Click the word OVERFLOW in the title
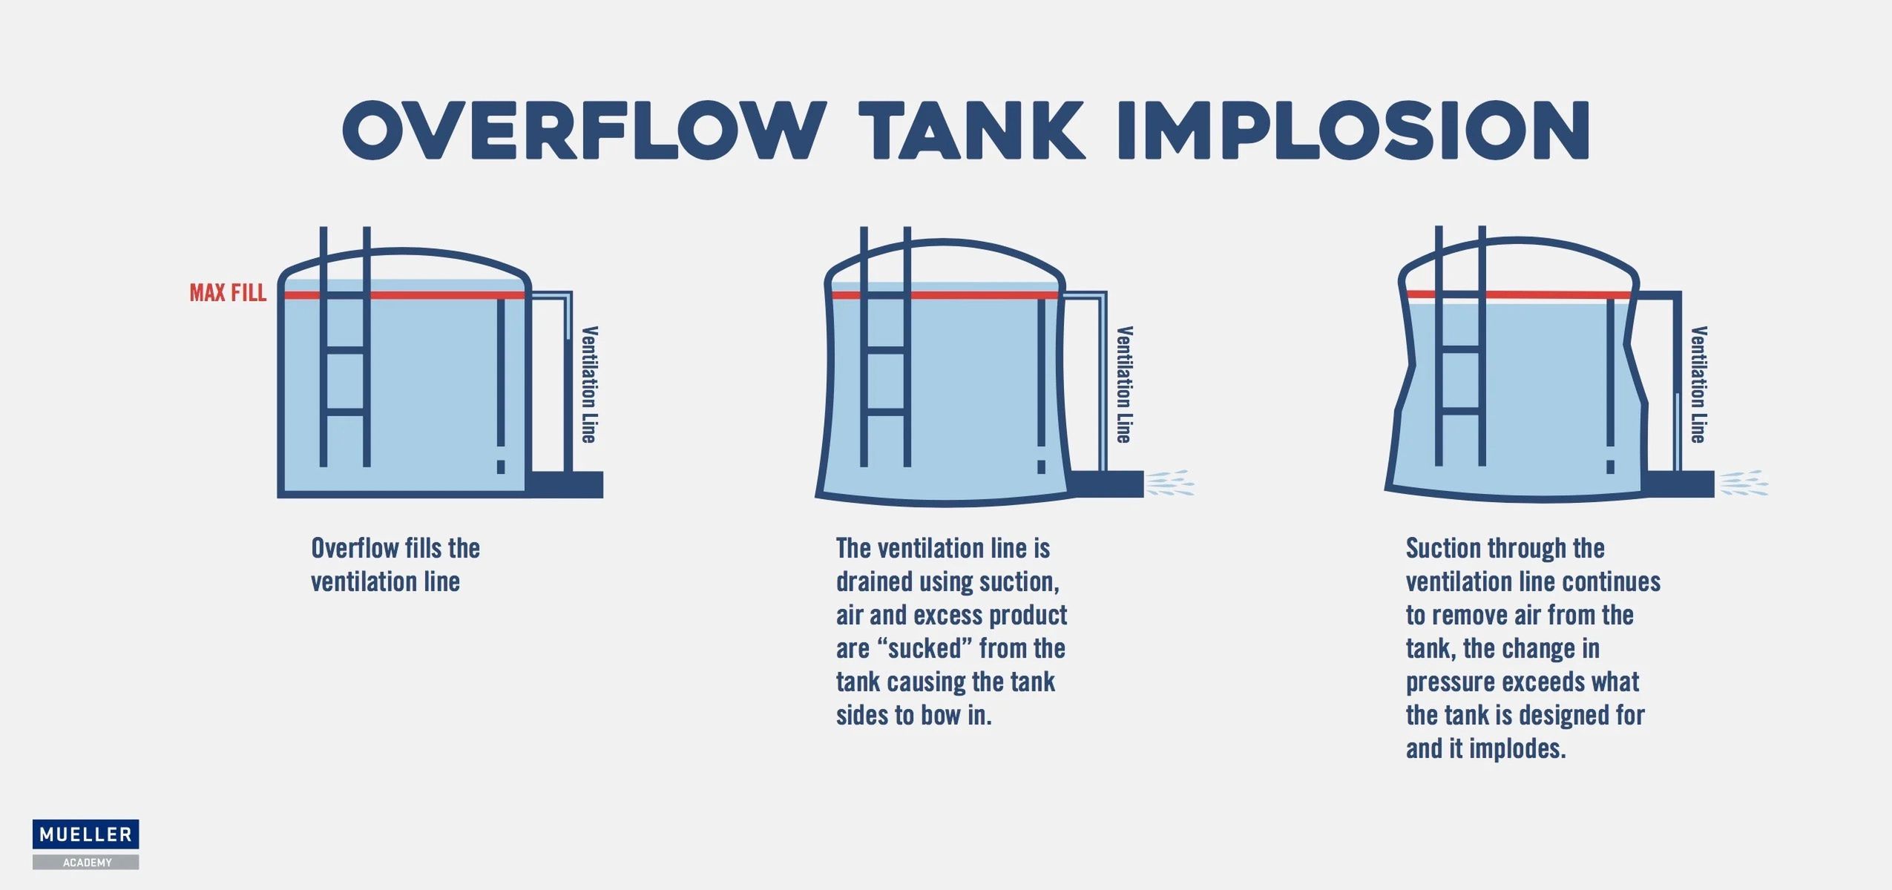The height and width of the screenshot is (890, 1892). pyautogui.click(x=584, y=131)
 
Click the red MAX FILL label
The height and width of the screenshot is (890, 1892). pyautogui.click(x=228, y=293)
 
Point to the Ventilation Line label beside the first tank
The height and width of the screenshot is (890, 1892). pyautogui.click(x=589, y=384)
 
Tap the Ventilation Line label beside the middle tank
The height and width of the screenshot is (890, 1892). pyautogui.click(x=1125, y=384)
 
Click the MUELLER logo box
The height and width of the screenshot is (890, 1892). pyautogui.click(x=85, y=834)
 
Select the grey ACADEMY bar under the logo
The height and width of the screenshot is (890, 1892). pyautogui.click(x=85, y=863)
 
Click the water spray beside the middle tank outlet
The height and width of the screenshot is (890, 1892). pyautogui.click(x=1170, y=483)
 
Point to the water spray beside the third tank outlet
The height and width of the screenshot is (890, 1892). pyautogui.click(x=1744, y=483)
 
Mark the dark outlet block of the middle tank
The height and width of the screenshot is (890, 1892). pyautogui.click(x=1106, y=484)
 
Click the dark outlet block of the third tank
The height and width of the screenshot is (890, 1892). pyautogui.click(x=1678, y=484)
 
